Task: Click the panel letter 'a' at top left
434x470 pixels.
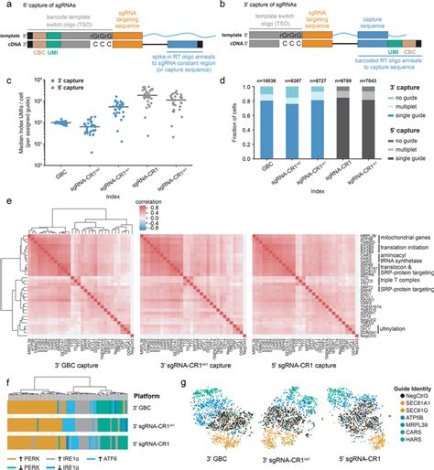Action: pyautogui.click(x=8, y=5)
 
